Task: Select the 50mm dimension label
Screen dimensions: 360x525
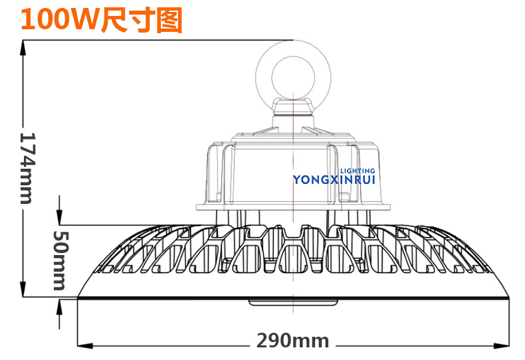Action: click(x=59, y=260)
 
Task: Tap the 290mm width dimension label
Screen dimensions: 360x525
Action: click(x=293, y=341)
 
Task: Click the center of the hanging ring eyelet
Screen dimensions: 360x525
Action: click(x=293, y=75)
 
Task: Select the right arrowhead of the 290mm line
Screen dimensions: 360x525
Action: click(x=502, y=345)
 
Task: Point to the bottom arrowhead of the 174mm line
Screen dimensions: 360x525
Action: click(x=24, y=291)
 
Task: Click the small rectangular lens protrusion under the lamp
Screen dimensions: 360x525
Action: click(x=293, y=303)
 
